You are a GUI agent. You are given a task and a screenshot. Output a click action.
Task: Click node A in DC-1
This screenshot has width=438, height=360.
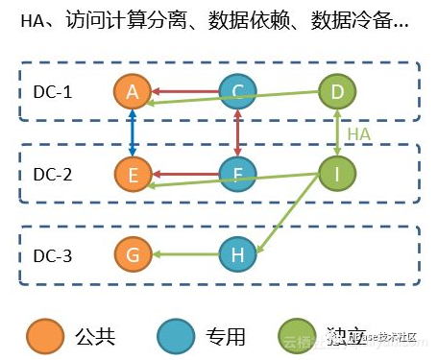click(133, 92)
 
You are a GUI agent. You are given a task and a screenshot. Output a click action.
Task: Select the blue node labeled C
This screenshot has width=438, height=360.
click(236, 92)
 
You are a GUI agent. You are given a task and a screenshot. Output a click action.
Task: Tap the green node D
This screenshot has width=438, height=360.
click(337, 92)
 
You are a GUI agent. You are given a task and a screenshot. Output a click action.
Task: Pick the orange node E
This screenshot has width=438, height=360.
click(133, 175)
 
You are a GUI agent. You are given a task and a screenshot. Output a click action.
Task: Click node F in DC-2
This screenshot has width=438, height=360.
click(236, 175)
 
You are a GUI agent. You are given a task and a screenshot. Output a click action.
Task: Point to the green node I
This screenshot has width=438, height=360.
click(337, 175)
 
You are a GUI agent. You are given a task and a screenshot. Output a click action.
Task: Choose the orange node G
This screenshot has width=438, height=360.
click(133, 255)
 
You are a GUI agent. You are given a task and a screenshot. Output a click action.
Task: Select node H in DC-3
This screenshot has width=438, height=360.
click(236, 255)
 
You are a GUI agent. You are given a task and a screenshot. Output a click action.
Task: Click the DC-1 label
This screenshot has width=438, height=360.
click(54, 93)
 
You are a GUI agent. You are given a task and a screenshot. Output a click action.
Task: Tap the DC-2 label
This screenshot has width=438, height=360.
click(54, 175)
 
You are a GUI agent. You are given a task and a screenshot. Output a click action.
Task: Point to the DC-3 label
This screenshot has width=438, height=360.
click(54, 256)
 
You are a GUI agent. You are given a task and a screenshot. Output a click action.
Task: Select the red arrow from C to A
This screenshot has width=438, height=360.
click(184, 92)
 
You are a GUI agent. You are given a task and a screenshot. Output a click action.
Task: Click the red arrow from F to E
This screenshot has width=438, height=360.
click(184, 175)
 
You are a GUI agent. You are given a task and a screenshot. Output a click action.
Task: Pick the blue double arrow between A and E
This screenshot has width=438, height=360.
click(133, 133)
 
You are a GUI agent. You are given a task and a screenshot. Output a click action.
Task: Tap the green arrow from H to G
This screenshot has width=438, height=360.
click(184, 255)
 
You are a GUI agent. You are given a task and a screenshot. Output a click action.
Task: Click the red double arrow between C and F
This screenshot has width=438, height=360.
click(236, 133)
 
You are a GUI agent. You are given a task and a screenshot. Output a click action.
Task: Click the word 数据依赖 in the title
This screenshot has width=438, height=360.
click(253, 22)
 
